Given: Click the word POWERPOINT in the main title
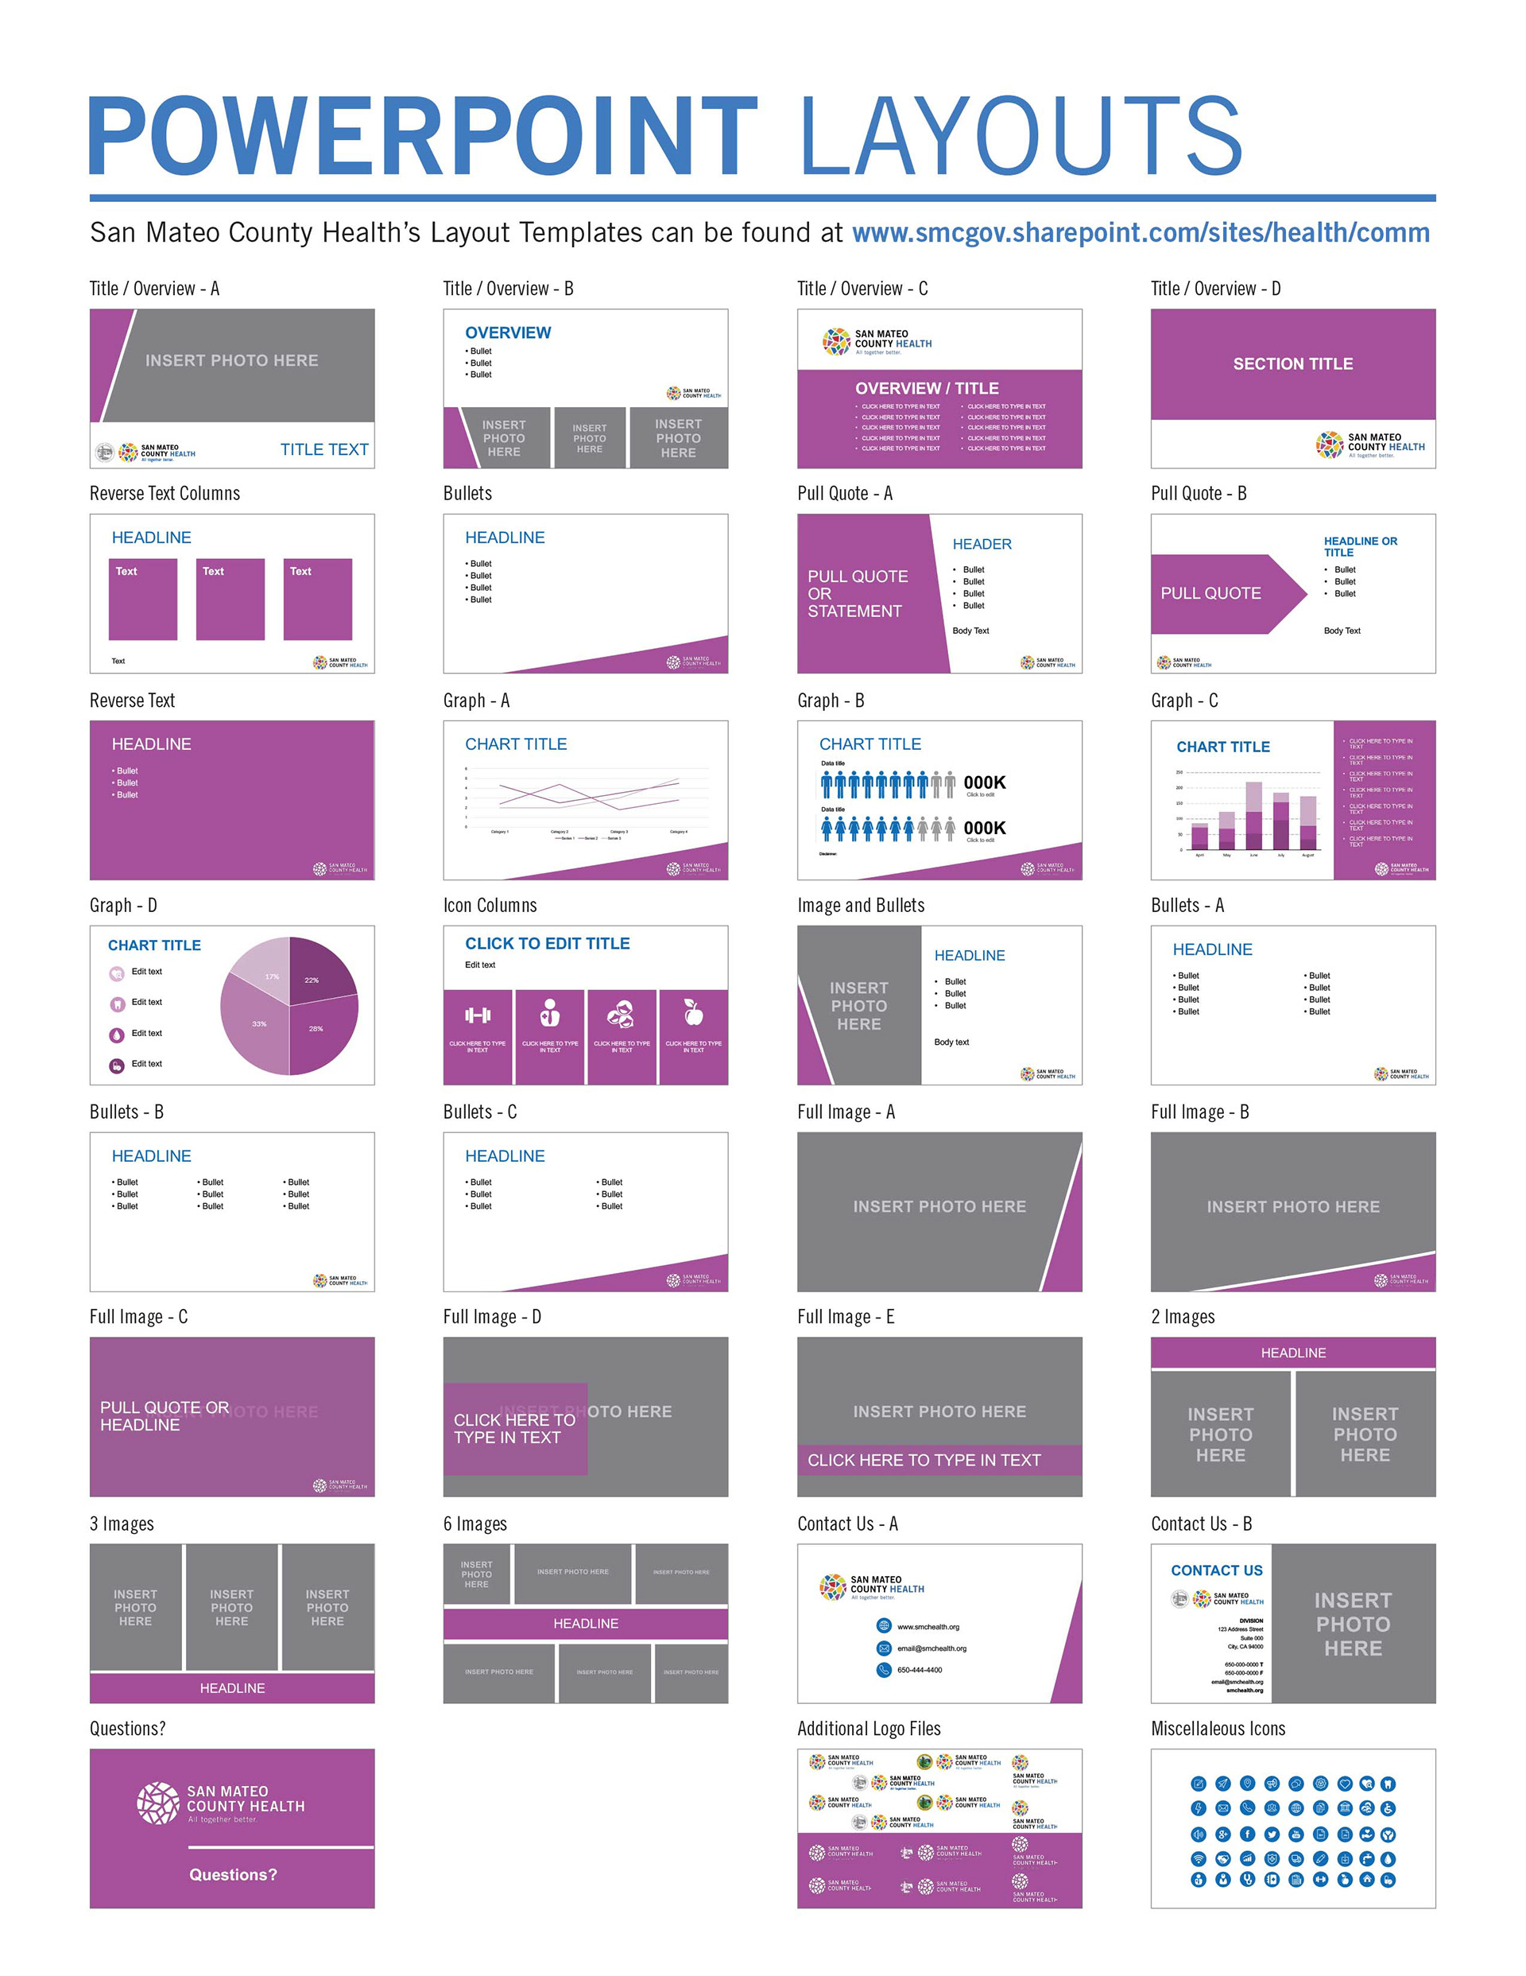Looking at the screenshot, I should (x=422, y=136).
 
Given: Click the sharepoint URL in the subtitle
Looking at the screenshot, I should (x=1140, y=234).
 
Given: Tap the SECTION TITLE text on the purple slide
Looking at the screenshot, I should (x=1292, y=363).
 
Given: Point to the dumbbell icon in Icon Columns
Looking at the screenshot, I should (x=478, y=1015).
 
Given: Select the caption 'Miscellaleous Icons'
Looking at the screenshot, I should (x=1218, y=1729).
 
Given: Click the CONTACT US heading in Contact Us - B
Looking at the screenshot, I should (x=1216, y=1570).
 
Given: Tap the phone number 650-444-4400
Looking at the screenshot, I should (x=919, y=1670).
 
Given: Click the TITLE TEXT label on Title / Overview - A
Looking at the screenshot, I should (x=323, y=449).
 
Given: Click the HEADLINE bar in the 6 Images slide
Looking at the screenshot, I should (x=585, y=1624).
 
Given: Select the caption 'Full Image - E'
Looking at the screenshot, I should (x=846, y=1318).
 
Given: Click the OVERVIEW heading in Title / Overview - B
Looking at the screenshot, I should (x=507, y=333).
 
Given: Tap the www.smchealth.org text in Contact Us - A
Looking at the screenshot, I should (x=928, y=1627).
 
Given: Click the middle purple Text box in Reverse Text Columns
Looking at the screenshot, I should (x=230, y=599).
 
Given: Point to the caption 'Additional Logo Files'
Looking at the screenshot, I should (x=869, y=1729).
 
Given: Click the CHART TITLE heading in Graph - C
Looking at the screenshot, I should (x=1223, y=747).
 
